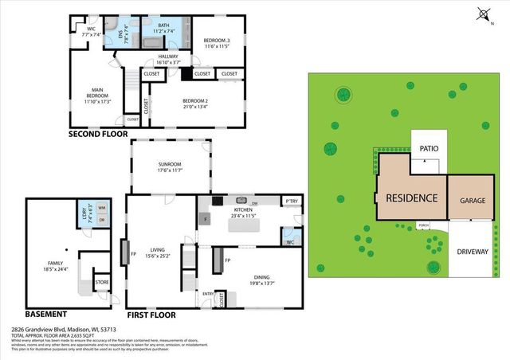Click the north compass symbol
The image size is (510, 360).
click(x=484, y=14)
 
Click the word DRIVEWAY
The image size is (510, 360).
click(x=473, y=252)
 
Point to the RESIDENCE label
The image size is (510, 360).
click(x=411, y=198)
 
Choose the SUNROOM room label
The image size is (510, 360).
click(x=169, y=164)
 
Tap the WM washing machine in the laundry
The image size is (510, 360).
click(x=101, y=208)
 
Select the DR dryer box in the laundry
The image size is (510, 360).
click(x=101, y=219)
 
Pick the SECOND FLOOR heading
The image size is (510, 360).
click(x=97, y=135)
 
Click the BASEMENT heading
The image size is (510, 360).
click(x=51, y=314)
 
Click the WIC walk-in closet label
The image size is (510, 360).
click(x=92, y=32)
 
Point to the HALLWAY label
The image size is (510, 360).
click(x=169, y=57)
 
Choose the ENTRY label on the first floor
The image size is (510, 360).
click(x=208, y=294)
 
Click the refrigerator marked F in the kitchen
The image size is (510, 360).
click(x=206, y=218)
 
